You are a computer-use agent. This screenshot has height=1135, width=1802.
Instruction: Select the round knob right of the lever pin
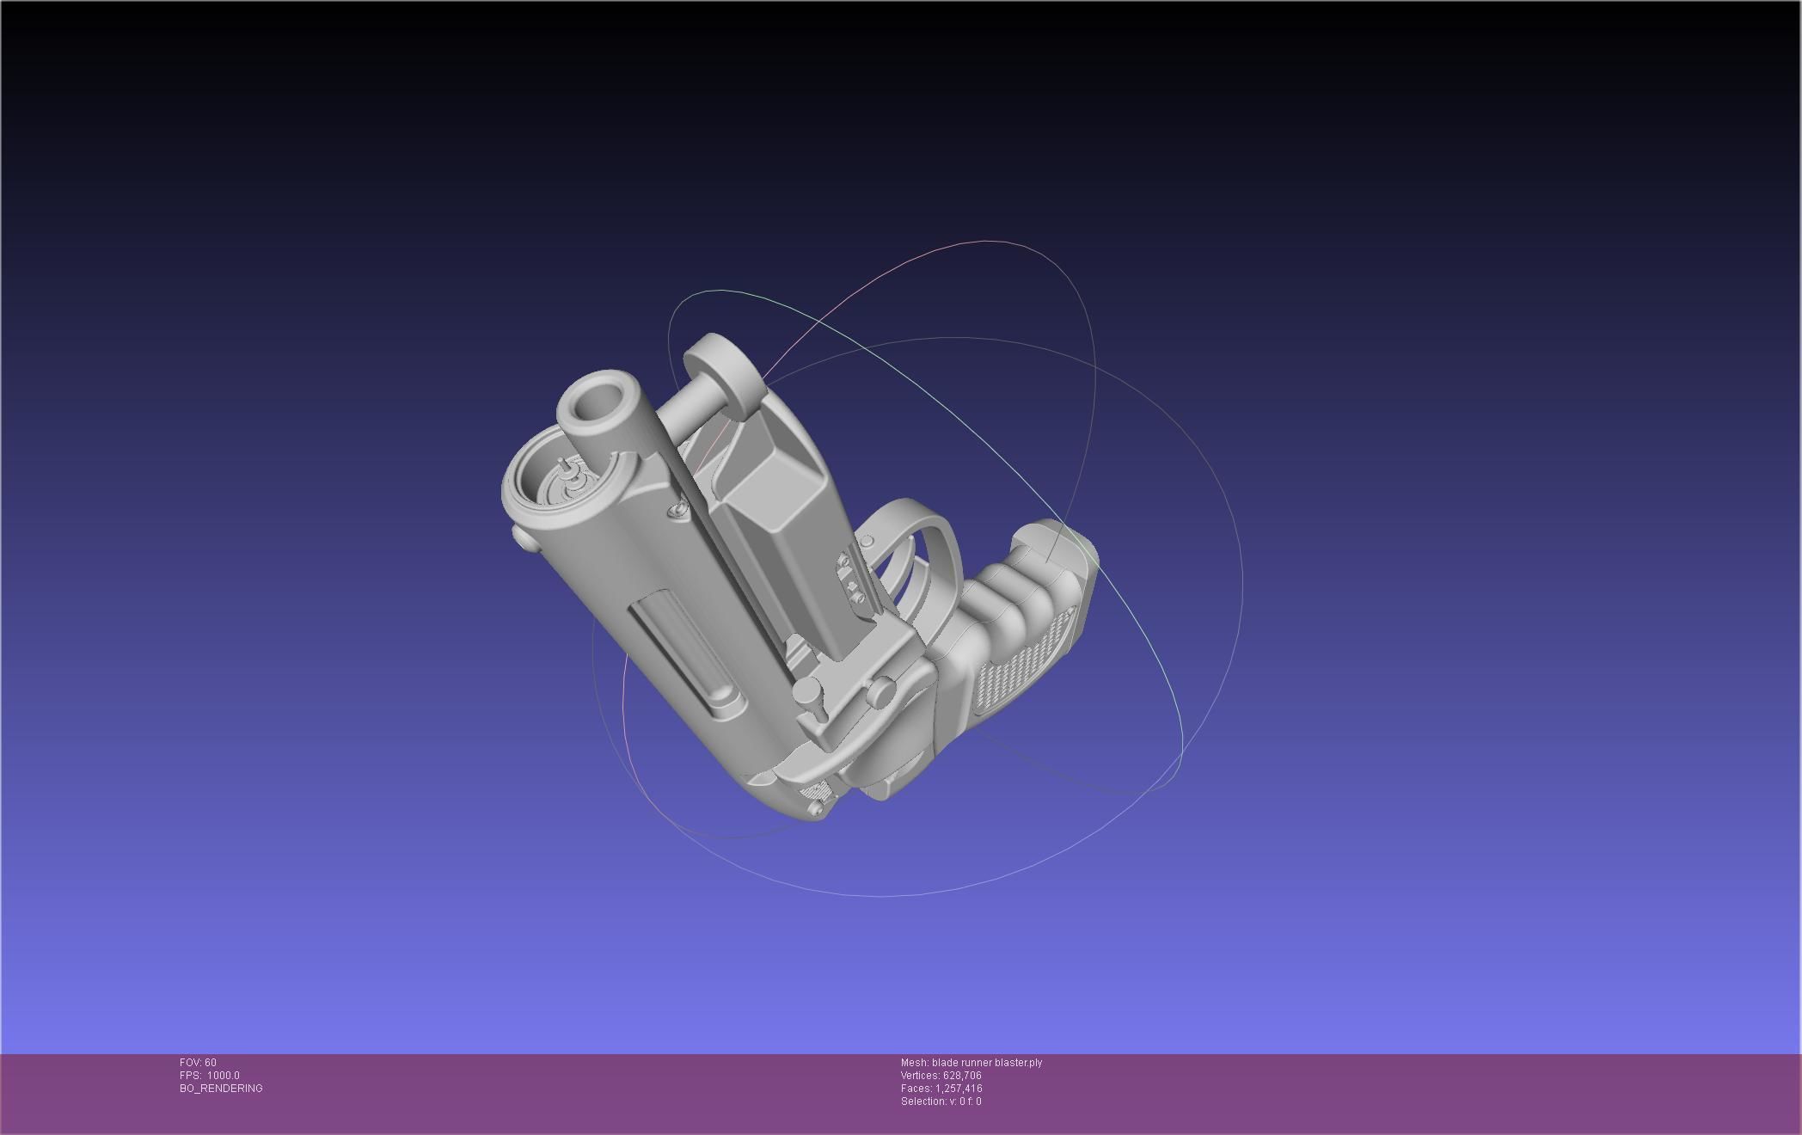click(x=880, y=690)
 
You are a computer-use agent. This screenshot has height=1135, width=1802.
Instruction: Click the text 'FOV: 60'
click(x=198, y=1063)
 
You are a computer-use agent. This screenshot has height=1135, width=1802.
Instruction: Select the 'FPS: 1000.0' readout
click(x=209, y=1076)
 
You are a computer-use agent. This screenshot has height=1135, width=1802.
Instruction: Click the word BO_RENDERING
click(x=221, y=1089)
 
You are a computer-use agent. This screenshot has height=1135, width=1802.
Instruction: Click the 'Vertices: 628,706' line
click(x=941, y=1076)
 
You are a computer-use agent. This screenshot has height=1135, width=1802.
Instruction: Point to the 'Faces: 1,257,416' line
click(x=941, y=1089)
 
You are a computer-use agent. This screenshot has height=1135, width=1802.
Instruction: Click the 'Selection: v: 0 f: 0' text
click(x=941, y=1101)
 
